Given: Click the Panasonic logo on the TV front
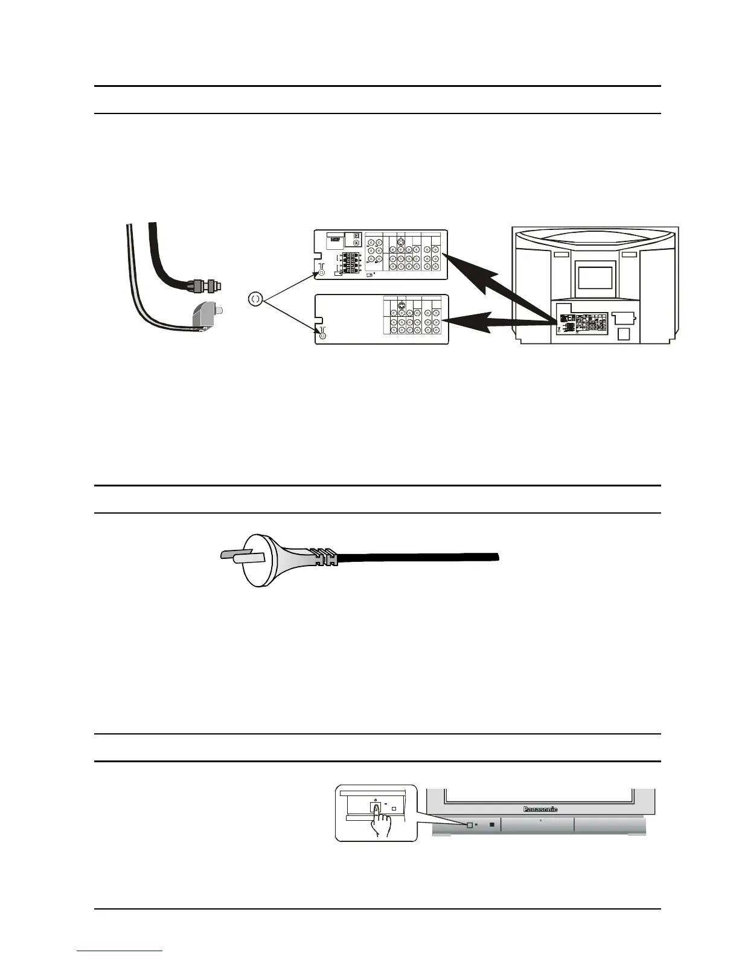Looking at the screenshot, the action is (540, 809).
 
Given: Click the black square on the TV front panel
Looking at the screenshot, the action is (492, 824).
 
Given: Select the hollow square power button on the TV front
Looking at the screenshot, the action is (469, 824).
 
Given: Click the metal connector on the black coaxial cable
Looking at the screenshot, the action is (205, 283).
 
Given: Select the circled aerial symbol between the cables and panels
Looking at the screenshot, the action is (255, 298).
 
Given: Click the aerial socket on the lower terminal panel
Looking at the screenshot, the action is (322, 335).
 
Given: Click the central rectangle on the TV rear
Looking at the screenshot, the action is (595, 278).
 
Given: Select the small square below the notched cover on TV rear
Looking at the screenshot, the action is (625, 333).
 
